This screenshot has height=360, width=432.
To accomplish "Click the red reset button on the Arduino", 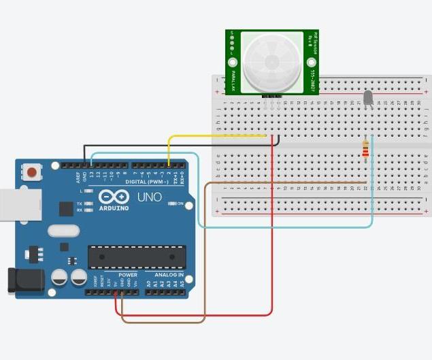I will tap(31, 171).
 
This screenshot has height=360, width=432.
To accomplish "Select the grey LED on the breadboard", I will tap(368, 99).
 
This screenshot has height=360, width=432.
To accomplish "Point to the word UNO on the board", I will tap(150, 197).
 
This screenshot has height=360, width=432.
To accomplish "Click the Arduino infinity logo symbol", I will tap(113, 197).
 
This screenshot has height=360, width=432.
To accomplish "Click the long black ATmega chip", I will tap(137, 257).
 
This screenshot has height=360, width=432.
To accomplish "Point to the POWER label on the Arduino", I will tap(128, 275).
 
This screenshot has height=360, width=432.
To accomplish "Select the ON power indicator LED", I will tap(172, 203).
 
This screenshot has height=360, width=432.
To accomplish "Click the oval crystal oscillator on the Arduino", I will tap(63, 230).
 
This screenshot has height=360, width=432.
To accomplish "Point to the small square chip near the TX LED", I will tap(66, 209).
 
